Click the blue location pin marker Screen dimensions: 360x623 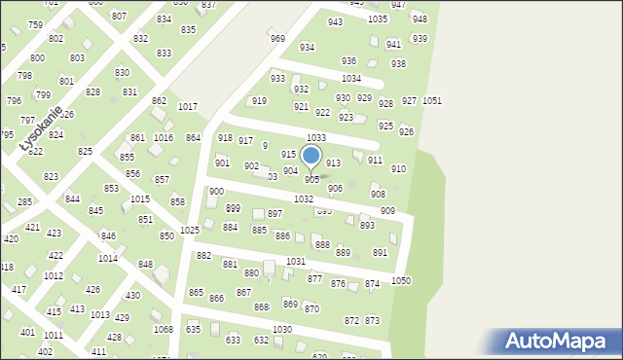pyautogui.click(x=311, y=156)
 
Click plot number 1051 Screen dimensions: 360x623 pyautogui.click(x=432, y=101)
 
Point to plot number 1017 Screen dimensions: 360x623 pyautogui.click(x=188, y=107)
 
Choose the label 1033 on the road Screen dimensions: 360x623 pyautogui.click(x=316, y=138)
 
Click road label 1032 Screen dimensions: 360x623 pyautogui.click(x=304, y=198)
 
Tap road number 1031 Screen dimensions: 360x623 pyautogui.click(x=296, y=262)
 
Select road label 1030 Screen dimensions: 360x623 pyautogui.click(x=282, y=330)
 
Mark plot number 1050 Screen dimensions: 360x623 pyautogui.click(x=401, y=280)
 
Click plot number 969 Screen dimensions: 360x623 pyautogui.click(x=277, y=39)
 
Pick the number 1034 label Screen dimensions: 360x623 pyautogui.click(x=351, y=78)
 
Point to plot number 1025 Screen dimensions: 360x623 pyautogui.click(x=190, y=230)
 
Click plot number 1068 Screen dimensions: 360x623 pyautogui.click(x=163, y=329)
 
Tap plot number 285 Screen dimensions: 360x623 pyautogui.click(x=25, y=202)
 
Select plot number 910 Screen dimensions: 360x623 pyautogui.click(x=398, y=169)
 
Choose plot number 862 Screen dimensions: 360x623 pyautogui.click(x=159, y=101)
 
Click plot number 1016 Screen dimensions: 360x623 pyautogui.click(x=164, y=138)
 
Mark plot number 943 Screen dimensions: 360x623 pyautogui.click(x=335, y=22)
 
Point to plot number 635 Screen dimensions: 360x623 pyautogui.click(x=194, y=330)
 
